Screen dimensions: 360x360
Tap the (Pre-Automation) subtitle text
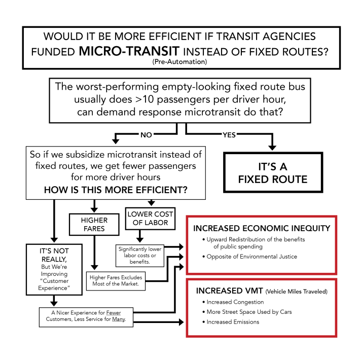click(x=179, y=62)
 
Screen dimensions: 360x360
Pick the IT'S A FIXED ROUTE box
click(x=272, y=173)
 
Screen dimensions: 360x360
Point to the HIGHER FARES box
click(x=93, y=224)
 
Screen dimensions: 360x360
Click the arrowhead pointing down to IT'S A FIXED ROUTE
click(x=272, y=147)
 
